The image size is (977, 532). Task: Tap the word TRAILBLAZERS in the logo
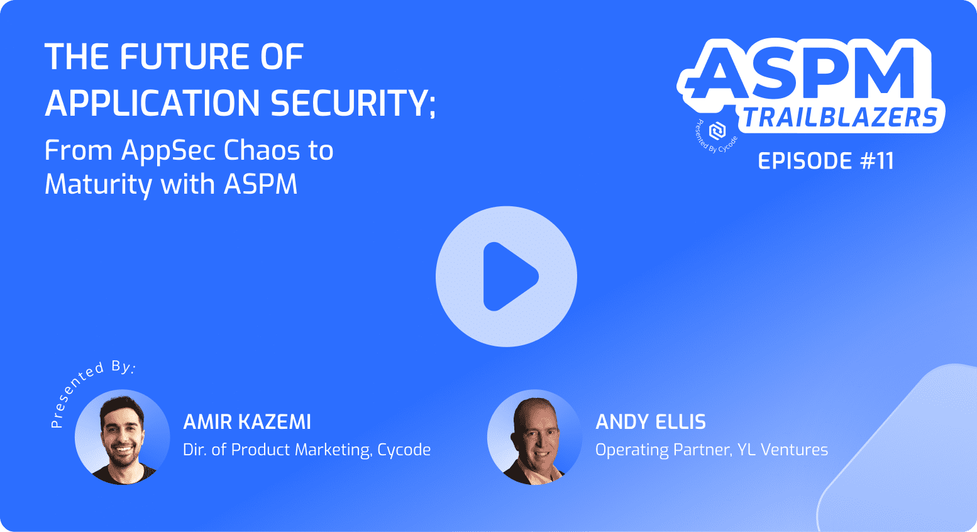click(x=840, y=118)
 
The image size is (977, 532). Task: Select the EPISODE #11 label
click(x=825, y=161)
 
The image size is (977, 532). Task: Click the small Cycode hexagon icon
click(x=717, y=131)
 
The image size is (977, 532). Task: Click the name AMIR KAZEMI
click(x=247, y=422)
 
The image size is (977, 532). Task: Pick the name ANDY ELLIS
click(x=650, y=422)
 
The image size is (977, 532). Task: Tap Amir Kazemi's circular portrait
click(x=123, y=437)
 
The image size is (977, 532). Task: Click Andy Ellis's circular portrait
click(x=535, y=437)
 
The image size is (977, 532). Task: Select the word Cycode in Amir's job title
click(x=404, y=450)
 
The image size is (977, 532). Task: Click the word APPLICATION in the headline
click(x=153, y=103)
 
